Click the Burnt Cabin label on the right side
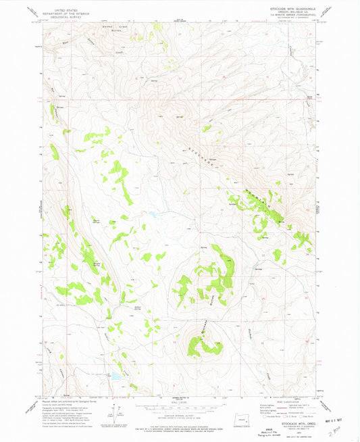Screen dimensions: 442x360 (309, 97)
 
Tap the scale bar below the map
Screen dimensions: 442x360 (180, 403)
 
